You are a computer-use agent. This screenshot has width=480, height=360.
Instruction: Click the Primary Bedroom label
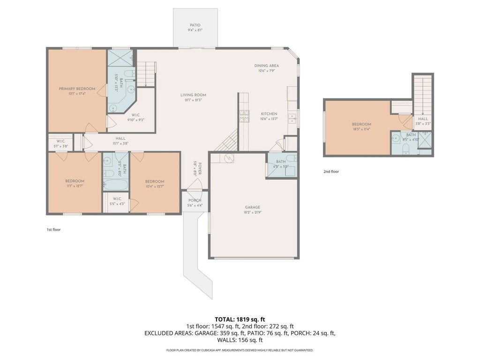[x=77, y=89]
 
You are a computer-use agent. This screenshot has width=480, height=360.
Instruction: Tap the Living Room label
[x=193, y=95]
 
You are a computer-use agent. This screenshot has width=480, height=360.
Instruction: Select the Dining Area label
[x=267, y=66]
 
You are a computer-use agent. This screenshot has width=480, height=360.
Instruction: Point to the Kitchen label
[x=269, y=114]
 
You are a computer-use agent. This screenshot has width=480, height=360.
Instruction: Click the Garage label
[x=252, y=207]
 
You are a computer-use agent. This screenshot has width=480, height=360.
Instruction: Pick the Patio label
[x=195, y=25]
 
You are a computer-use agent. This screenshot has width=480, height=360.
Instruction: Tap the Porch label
[x=195, y=200]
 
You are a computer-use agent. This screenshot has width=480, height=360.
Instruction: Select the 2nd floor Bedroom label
[x=361, y=124]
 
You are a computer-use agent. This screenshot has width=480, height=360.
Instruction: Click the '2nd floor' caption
[x=331, y=172]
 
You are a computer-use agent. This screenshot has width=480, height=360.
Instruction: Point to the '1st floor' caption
[x=53, y=230]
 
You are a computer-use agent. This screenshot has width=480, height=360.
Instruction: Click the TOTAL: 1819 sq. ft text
[x=240, y=319]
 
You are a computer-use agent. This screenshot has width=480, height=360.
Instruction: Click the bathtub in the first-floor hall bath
[x=113, y=185]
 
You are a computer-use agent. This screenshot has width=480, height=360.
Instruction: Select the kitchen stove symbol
[x=244, y=116]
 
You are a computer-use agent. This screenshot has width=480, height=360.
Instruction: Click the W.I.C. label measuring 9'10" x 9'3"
[x=135, y=115]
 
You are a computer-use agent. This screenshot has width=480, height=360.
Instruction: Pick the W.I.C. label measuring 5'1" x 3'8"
[x=60, y=141]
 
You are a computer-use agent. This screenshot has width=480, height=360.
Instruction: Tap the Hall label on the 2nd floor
[x=423, y=119]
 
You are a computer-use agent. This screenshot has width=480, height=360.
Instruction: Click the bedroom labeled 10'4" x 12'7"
[x=154, y=181]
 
